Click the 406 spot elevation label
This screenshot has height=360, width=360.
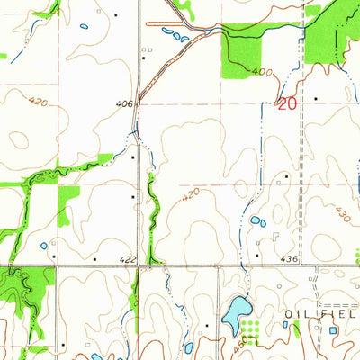[124, 104]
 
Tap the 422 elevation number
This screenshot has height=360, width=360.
[129, 260]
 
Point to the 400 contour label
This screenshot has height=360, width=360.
[261, 71]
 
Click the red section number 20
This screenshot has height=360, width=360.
[286, 103]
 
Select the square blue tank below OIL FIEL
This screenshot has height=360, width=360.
[335, 330]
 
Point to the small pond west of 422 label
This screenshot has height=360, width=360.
[43, 245]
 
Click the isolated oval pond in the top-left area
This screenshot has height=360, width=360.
[84, 25]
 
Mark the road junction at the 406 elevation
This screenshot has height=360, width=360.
[139, 104]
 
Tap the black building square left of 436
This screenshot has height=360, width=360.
[256, 256]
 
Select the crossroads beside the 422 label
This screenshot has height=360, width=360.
[139, 266]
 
